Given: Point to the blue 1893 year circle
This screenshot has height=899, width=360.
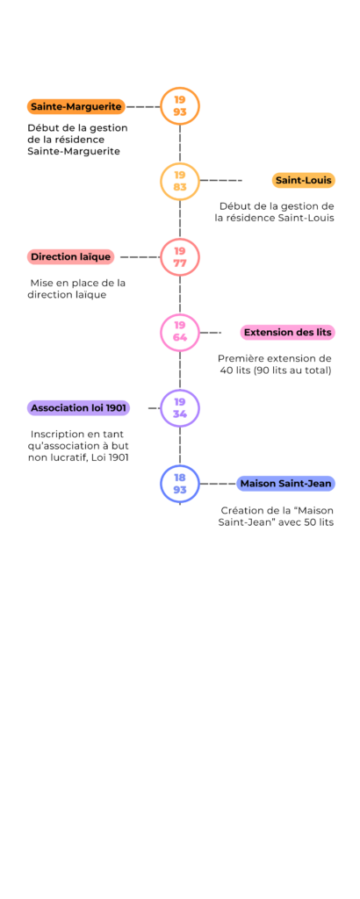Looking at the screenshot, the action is [180, 465].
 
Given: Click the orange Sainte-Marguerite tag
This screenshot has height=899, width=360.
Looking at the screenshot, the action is [76, 106].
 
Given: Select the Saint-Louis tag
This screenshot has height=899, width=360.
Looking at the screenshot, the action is [303, 180].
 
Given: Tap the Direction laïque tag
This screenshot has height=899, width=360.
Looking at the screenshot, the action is [70, 257].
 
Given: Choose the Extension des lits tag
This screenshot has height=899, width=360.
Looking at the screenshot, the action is [287, 333].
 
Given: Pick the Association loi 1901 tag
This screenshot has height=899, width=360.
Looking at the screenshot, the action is [78, 408].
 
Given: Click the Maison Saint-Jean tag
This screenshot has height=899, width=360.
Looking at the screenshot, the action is [285, 484].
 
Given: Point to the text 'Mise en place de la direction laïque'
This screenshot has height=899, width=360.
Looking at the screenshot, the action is [76, 289].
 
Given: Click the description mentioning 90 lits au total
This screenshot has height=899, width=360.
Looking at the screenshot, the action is [275, 364].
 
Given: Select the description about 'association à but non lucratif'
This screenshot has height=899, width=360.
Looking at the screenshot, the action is [78, 445].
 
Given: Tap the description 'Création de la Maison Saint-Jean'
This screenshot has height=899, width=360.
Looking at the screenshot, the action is [277, 516].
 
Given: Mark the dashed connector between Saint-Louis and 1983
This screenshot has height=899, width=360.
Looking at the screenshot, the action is [221, 181].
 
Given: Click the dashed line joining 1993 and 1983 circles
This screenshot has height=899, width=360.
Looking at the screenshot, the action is [180, 143].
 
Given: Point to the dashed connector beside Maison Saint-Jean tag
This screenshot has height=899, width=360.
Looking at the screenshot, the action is [219, 484].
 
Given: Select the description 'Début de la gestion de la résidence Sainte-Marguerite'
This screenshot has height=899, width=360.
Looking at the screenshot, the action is [77, 140].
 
